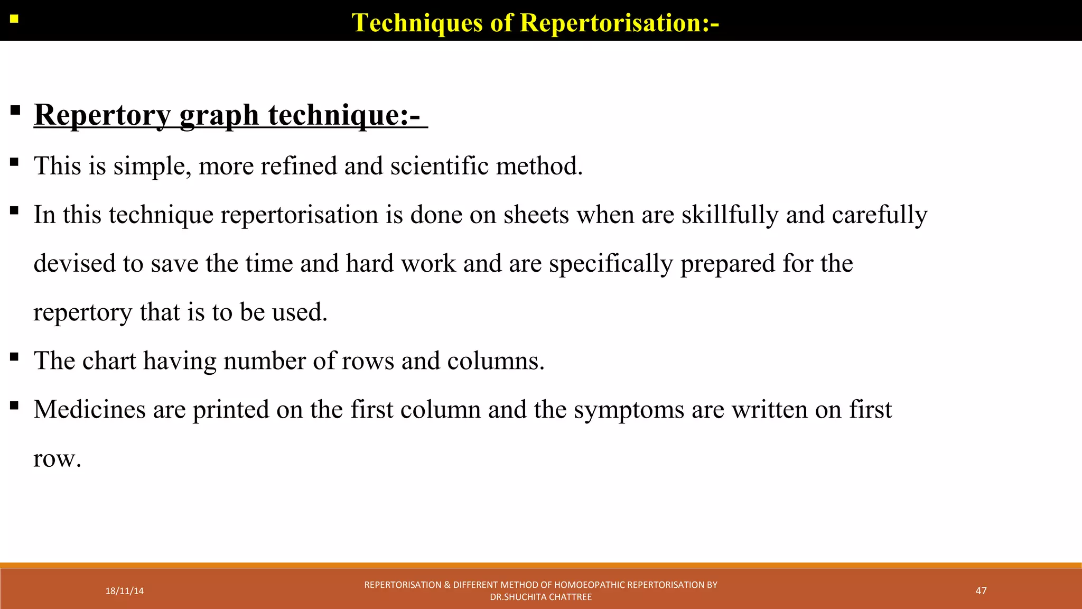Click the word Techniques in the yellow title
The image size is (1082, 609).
point(417,23)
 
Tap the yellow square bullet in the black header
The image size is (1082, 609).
point(14,20)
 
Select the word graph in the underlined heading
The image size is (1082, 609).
point(219,115)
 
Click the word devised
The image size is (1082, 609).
point(74,263)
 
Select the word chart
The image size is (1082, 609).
point(109,361)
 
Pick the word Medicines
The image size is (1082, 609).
point(89,409)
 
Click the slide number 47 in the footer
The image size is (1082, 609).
point(981,590)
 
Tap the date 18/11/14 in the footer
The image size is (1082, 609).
point(124,591)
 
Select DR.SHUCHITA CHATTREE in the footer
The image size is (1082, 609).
point(540,597)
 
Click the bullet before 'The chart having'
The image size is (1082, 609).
point(14,357)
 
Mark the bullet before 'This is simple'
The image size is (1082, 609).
point(14,162)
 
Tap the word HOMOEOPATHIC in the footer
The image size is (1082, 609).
point(590,585)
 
